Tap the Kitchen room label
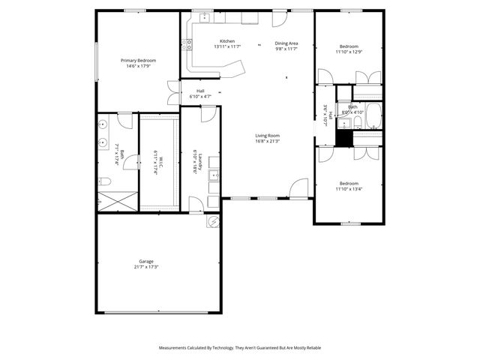(227, 40)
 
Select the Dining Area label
(286, 43)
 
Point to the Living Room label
(267, 135)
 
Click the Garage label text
(145, 261)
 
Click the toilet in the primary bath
(106, 181)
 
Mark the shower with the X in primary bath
(118, 200)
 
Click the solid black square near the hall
(344, 138)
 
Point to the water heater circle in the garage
(213, 222)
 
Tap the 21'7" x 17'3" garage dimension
(145, 267)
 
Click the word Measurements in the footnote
(175, 348)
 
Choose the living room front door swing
(299, 188)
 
